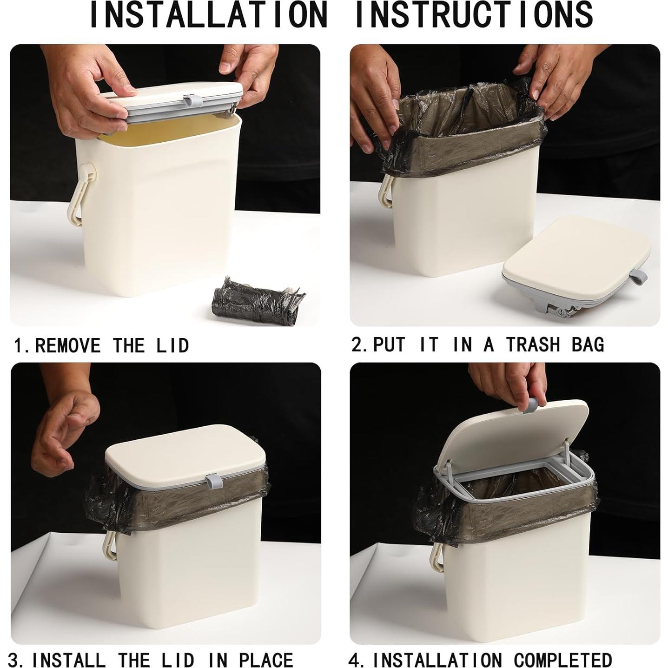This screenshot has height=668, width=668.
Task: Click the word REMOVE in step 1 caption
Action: tap(68, 345)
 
